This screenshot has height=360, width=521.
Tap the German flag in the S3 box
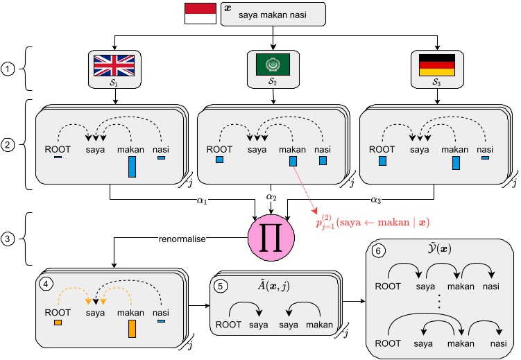[x=436, y=65]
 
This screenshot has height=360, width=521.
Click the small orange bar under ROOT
[x=58, y=323]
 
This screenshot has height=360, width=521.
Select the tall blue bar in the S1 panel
[x=132, y=166]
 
